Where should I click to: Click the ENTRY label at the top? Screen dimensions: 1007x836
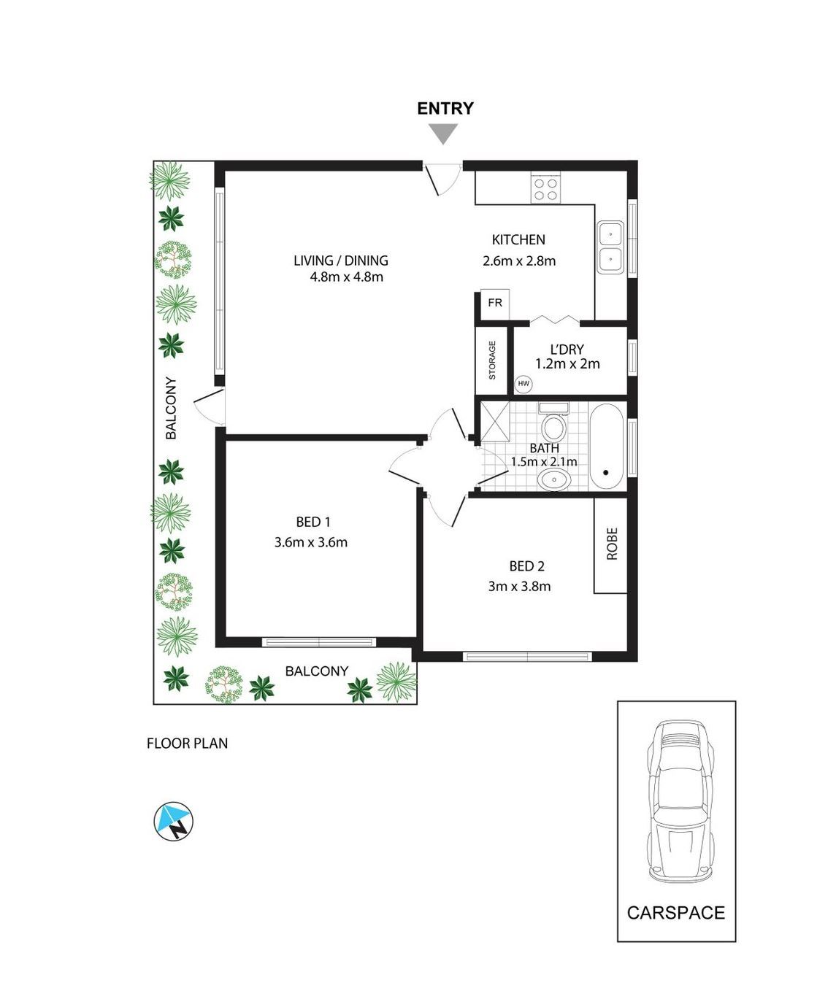point(445,109)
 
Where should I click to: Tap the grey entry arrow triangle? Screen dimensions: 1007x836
point(443,134)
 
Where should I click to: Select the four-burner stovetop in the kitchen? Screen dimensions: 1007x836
point(545,189)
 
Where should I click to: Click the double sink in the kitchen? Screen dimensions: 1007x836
point(610,247)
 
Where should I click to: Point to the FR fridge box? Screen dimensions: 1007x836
point(494,303)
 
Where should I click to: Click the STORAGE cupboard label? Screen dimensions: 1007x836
point(492,360)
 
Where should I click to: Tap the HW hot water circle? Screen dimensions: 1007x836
point(524,383)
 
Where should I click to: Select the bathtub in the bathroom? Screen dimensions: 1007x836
point(606,446)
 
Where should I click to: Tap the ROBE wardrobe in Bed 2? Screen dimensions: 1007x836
point(611,544)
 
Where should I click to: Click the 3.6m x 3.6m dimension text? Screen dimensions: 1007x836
point(311,542)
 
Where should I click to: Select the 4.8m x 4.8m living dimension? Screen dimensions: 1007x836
point(346,277)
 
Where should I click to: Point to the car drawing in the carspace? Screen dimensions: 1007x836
point(677,800)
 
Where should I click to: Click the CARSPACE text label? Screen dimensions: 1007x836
point(676,913)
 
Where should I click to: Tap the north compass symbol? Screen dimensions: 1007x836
point(174,820)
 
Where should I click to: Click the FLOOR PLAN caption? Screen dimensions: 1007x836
point(188,744)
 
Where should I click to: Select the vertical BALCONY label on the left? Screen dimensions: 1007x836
point(172,408)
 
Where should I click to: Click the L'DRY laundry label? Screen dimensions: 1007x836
point(567,350)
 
